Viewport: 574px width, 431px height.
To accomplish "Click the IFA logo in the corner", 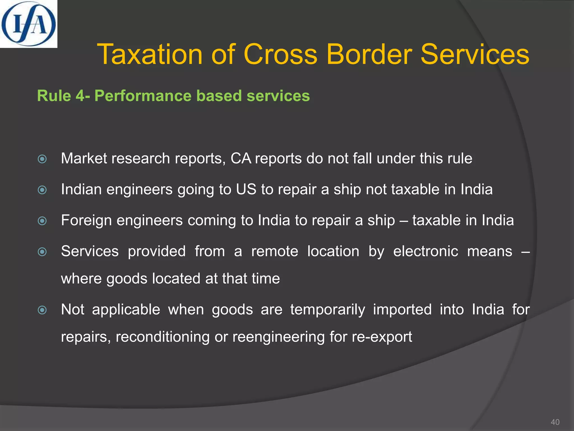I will tap(28, 24).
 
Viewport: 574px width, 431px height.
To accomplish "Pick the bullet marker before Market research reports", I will tap(42, 159).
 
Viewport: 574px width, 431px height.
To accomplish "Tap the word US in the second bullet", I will tap(246, 189).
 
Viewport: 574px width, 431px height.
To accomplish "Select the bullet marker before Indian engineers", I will tap(42, 190).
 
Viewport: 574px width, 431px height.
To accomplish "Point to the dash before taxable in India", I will tap(404, 221).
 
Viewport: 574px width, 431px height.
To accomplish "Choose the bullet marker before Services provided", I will tap(42, 252).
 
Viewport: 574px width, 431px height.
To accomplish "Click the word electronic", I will tap(425, 251).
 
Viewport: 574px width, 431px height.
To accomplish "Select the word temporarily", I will tap(328, 310).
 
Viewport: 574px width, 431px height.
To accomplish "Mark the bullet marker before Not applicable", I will tap(42, 310).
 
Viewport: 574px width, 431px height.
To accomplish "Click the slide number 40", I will tap(555, 422).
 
